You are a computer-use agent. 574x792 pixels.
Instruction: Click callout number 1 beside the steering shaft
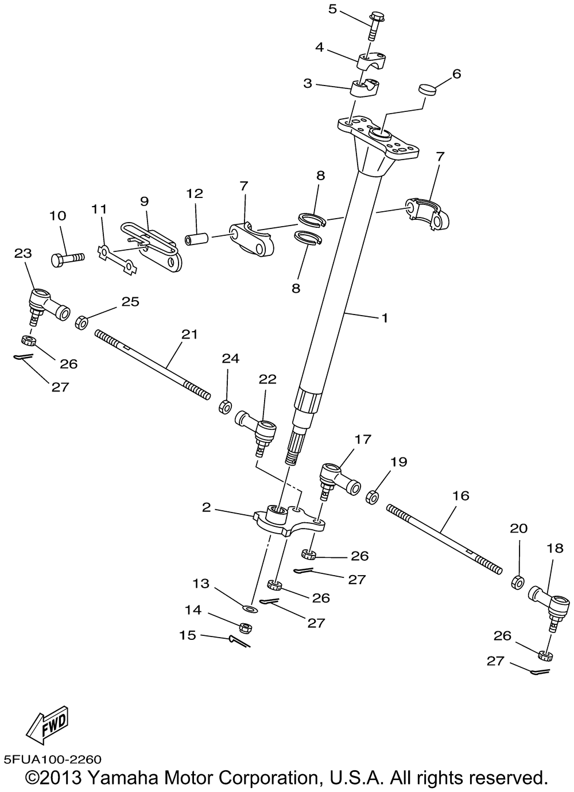pyautogui.click(x=385, y=317)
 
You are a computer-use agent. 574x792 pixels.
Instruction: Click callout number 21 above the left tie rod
pyautogui.click(x=189, y=334)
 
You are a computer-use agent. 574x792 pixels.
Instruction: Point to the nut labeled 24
pyautogui.click(x=225, y=407)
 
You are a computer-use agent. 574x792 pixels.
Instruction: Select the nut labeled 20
pyautogui.click(x=517, y=582)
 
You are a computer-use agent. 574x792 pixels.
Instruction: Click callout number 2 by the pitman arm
pyautogui.click(x=207, y=507)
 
